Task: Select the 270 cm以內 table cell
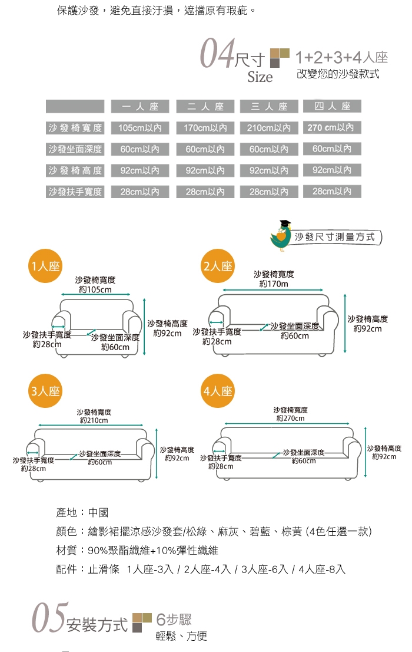click(333, 127)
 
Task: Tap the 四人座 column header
click(333, 106)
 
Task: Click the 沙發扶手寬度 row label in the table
click(75, 192)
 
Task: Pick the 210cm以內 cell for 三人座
click(268, 128)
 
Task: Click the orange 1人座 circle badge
click(45, 265)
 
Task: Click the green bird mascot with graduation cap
click(281, 235)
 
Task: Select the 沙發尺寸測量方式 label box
click(335, 237)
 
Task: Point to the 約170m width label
click(274, 284)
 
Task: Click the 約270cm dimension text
click(290, 419)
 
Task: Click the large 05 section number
click(49, 618)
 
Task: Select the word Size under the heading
click(260, 77)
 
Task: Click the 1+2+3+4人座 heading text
click(341, 58)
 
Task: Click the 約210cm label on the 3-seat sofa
click(94, 420)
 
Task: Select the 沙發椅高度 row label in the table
click(75, 170)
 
